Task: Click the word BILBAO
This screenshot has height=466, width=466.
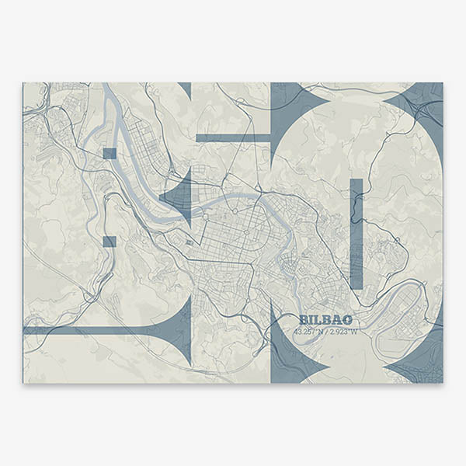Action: click(x=325, y=320)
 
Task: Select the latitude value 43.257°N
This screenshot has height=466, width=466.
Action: click(x=308, y=332)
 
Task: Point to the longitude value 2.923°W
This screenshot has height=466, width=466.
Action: click(x=344, y=332)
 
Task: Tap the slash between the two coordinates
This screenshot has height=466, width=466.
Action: click(x=326, y=332)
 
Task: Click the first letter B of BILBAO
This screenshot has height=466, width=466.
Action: click(x=304, y=320)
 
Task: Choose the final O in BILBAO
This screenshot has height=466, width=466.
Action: click(x=347, y=320)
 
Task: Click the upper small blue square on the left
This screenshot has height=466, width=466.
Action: click(x=109, y=153)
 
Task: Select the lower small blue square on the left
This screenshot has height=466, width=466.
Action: click(x=109, y=242)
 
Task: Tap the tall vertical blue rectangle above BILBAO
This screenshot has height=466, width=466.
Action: click(x=356, y=233)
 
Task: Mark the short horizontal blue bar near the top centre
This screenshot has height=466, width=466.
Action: click(x=232, y=137)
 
